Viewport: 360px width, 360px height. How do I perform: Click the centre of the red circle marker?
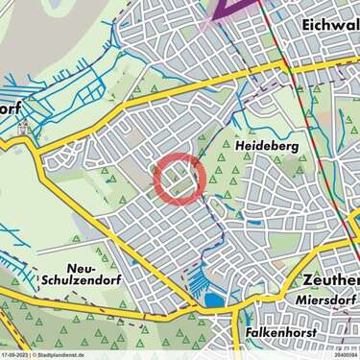point(179,178)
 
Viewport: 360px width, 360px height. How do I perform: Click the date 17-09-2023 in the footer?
point(15,355)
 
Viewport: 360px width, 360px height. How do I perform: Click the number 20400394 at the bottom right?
point(342,355)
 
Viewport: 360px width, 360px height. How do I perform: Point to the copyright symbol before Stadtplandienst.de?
point(36,355)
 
